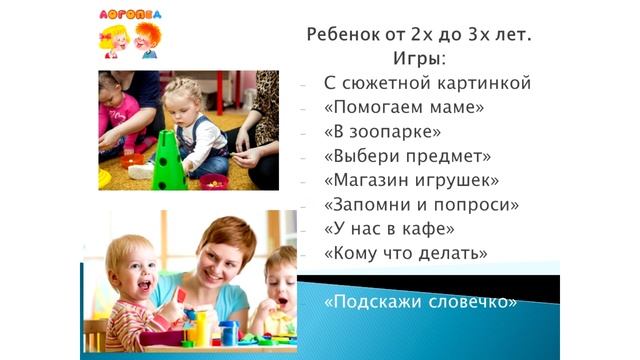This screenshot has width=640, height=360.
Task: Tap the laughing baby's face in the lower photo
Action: pos(134,270)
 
